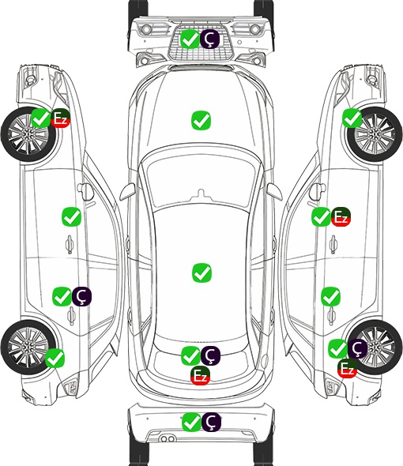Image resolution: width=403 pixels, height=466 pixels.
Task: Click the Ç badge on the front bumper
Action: click(209, 39)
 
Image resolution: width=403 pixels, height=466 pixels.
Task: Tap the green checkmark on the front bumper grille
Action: click(190, 39)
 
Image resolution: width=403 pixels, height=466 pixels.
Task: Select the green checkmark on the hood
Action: click(201, 120)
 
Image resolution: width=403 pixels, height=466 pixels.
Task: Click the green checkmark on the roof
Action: click(201, 272)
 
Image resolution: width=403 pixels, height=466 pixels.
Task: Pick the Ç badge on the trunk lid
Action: click(210, 355)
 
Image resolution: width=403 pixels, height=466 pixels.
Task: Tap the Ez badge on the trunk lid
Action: click(201, 376)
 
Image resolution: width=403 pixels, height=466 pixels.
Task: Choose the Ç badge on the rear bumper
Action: click(211, 422)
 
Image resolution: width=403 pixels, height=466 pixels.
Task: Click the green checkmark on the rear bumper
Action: click(191, 422)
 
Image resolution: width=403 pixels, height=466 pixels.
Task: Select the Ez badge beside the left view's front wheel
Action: click(60, 118)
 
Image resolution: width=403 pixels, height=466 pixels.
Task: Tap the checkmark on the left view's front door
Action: click(71, 217)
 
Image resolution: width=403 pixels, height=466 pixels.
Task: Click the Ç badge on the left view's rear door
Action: click(82, 297)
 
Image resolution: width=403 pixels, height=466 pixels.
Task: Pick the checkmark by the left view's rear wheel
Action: click(55, 358)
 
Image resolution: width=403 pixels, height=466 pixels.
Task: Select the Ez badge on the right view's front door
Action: click(341, 216)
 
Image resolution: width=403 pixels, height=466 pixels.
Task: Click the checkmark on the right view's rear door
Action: click(331, 297)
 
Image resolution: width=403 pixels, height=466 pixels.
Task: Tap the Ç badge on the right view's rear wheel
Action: click(357, 348)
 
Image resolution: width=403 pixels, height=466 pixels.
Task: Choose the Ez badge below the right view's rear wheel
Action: click(347, 369)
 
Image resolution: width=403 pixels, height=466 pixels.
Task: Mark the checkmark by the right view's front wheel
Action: click(352, 118)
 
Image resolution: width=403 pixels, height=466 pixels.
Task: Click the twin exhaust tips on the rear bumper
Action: click(168, 439)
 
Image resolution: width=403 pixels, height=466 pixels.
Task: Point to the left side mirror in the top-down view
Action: click(127, 191)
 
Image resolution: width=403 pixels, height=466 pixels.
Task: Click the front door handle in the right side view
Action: click(333, 244)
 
